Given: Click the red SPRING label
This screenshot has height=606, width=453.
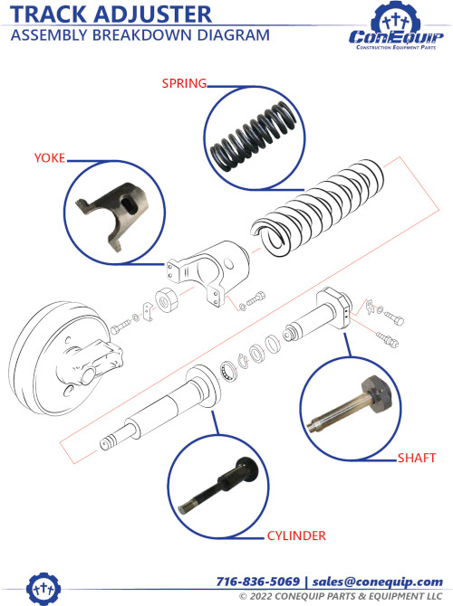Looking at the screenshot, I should pyautogui.click(x=184, y=83).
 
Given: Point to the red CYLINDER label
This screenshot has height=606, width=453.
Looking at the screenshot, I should pyautogui.click(x=296, y=536).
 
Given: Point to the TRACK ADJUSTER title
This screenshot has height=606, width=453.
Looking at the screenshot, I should pyautogui.click(x=111, y=14).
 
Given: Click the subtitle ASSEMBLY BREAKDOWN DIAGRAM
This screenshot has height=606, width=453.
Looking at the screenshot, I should pyautogui.click(x=140, y=35).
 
